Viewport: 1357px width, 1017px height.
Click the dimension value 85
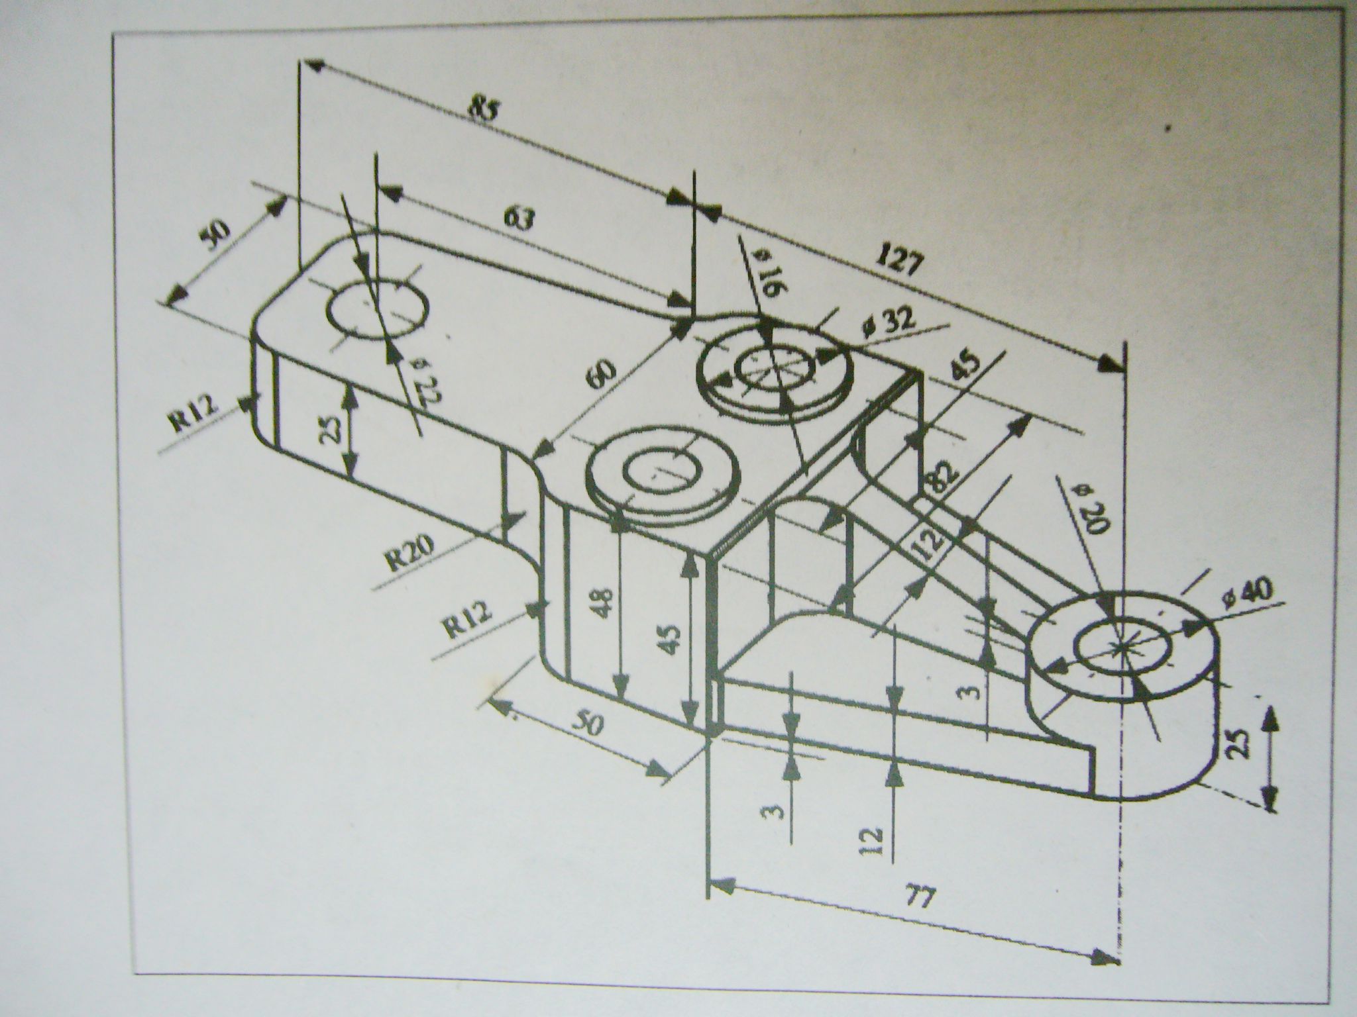[x=482, y=109]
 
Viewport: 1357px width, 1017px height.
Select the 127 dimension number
[x=900, y=260]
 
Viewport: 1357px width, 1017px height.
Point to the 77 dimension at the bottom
[x=922, y=898]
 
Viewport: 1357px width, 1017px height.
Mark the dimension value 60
[x=604, y=379]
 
